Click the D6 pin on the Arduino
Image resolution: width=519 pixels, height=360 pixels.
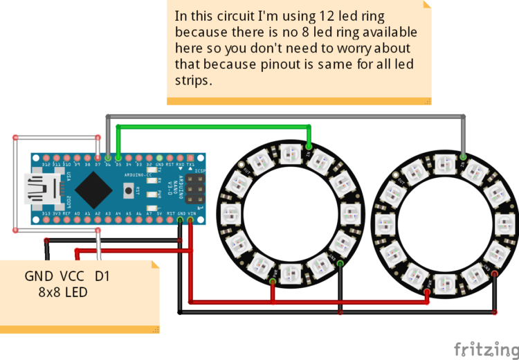[108, 158]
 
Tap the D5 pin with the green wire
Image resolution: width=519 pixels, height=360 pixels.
[118, 158]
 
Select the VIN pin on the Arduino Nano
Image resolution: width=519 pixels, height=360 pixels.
[190, 221]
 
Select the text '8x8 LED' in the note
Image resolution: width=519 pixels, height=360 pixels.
[63, 292]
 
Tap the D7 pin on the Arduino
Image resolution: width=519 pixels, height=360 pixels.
[98, 158]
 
